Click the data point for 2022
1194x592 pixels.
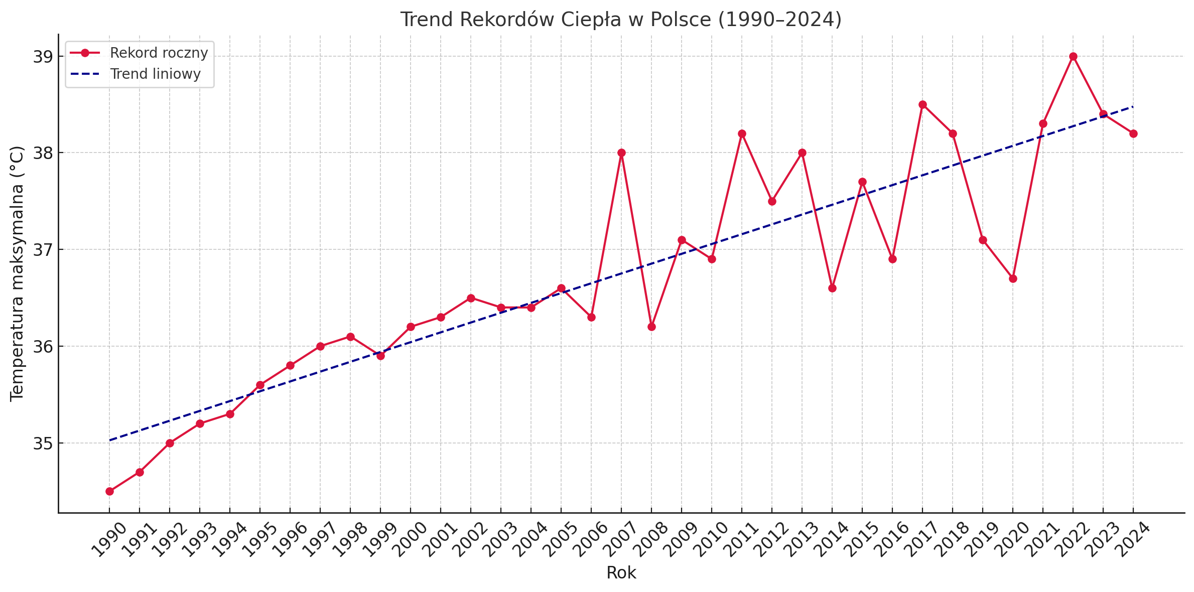point(1073,57)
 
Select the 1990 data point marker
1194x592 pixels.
point(109,491)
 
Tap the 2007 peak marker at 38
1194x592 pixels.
point(621,153)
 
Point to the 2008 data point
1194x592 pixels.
point(651,327)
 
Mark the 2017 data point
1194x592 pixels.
point(922,105)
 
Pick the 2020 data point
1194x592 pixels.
point(1013,278)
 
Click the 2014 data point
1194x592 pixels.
point(832,288)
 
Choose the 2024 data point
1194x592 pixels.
point(1133,134)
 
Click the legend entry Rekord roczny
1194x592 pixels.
point(159,53)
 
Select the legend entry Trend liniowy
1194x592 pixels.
point(155,74)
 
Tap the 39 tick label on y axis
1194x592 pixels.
point(43,57)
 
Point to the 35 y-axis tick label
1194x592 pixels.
point(43,443)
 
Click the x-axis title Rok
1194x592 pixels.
point(621,573)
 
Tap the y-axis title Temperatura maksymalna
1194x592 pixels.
point(17,273)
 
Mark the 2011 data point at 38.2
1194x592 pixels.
point(742,134)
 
